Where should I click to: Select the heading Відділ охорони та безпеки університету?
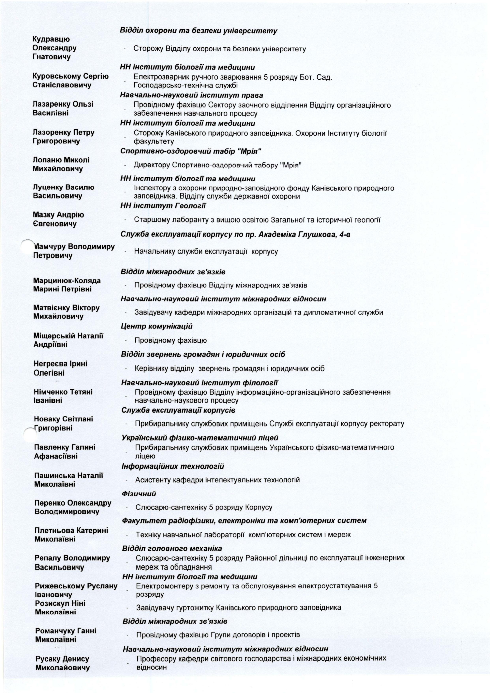(x=198, y=31)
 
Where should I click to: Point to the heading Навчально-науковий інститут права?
(x=192, y=95)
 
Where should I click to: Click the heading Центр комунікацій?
(x=157, y=326)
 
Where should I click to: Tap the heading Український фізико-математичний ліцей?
(x=200, y=438)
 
